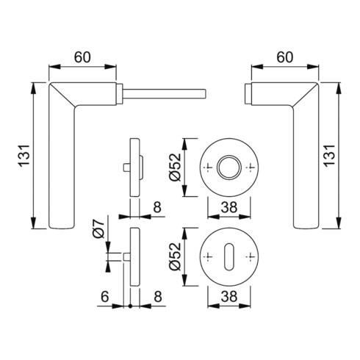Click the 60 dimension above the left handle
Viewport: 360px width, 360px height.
click(82, 57)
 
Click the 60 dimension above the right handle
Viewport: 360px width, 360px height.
click(284, 57)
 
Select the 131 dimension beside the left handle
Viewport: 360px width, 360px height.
click(24, 156)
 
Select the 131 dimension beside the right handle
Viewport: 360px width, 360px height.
click(329, 156)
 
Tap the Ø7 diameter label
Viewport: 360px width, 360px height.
click(98, 229)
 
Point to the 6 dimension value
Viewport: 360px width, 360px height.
click(104, 297)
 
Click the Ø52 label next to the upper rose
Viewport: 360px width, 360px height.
click(175, 168)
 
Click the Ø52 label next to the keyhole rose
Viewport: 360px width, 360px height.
click(175, 256)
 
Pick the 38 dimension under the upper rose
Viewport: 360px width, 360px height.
click(229, 207)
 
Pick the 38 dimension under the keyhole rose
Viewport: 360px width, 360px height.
click(229, 297)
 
